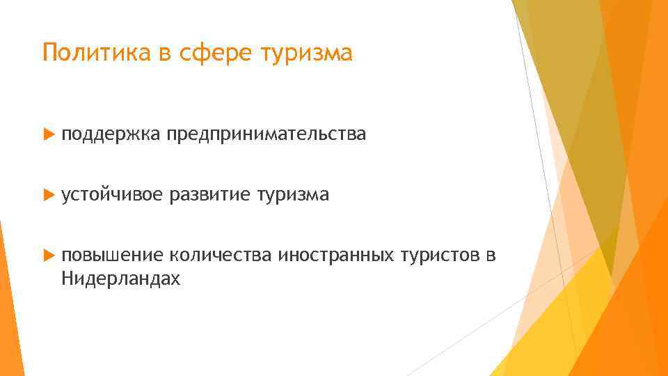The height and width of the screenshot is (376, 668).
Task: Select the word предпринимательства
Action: (x=265, y=135)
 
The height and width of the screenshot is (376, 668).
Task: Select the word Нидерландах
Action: (x=120, y=279)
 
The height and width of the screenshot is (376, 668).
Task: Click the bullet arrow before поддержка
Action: (x=47, y=135)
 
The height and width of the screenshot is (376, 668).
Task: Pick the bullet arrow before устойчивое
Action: (x=47, y=196)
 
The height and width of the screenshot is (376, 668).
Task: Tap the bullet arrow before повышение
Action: (x=47, y=257)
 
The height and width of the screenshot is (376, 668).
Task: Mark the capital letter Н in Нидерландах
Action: (x=67, y=279)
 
